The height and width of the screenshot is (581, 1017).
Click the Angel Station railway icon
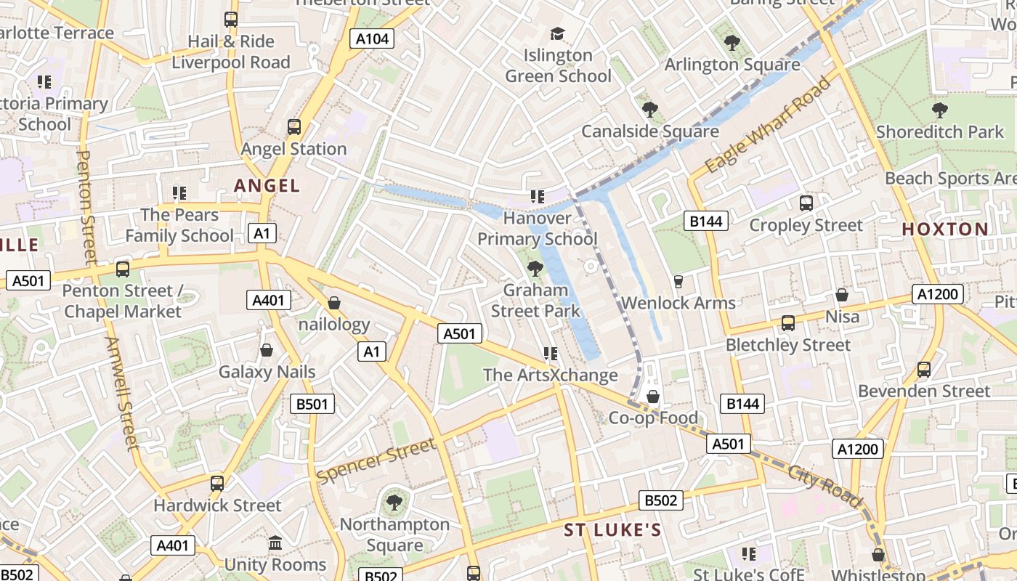(293, 127)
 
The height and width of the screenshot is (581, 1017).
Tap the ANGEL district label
(267, 186)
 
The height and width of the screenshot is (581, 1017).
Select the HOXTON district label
(945, 229)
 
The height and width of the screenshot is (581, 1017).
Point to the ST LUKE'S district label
(613, 530)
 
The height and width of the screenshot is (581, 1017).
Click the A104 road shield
(371, 38)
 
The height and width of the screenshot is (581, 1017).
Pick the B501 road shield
(312, 404)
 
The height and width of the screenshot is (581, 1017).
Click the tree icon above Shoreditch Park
(939, 110)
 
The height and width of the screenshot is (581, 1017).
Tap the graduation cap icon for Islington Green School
(557, 33)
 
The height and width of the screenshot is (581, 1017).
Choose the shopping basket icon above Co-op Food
(653, 397)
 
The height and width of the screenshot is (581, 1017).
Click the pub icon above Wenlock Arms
(678, 281)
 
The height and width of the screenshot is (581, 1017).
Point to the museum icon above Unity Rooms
(275, 543)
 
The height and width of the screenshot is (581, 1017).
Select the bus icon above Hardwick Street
(216, 484)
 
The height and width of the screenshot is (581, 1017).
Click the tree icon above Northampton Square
(394, 502)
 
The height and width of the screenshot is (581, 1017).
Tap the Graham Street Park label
(536, 301)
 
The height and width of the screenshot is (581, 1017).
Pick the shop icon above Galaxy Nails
(267, 351)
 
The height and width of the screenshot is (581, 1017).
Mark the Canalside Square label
(650, 131)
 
